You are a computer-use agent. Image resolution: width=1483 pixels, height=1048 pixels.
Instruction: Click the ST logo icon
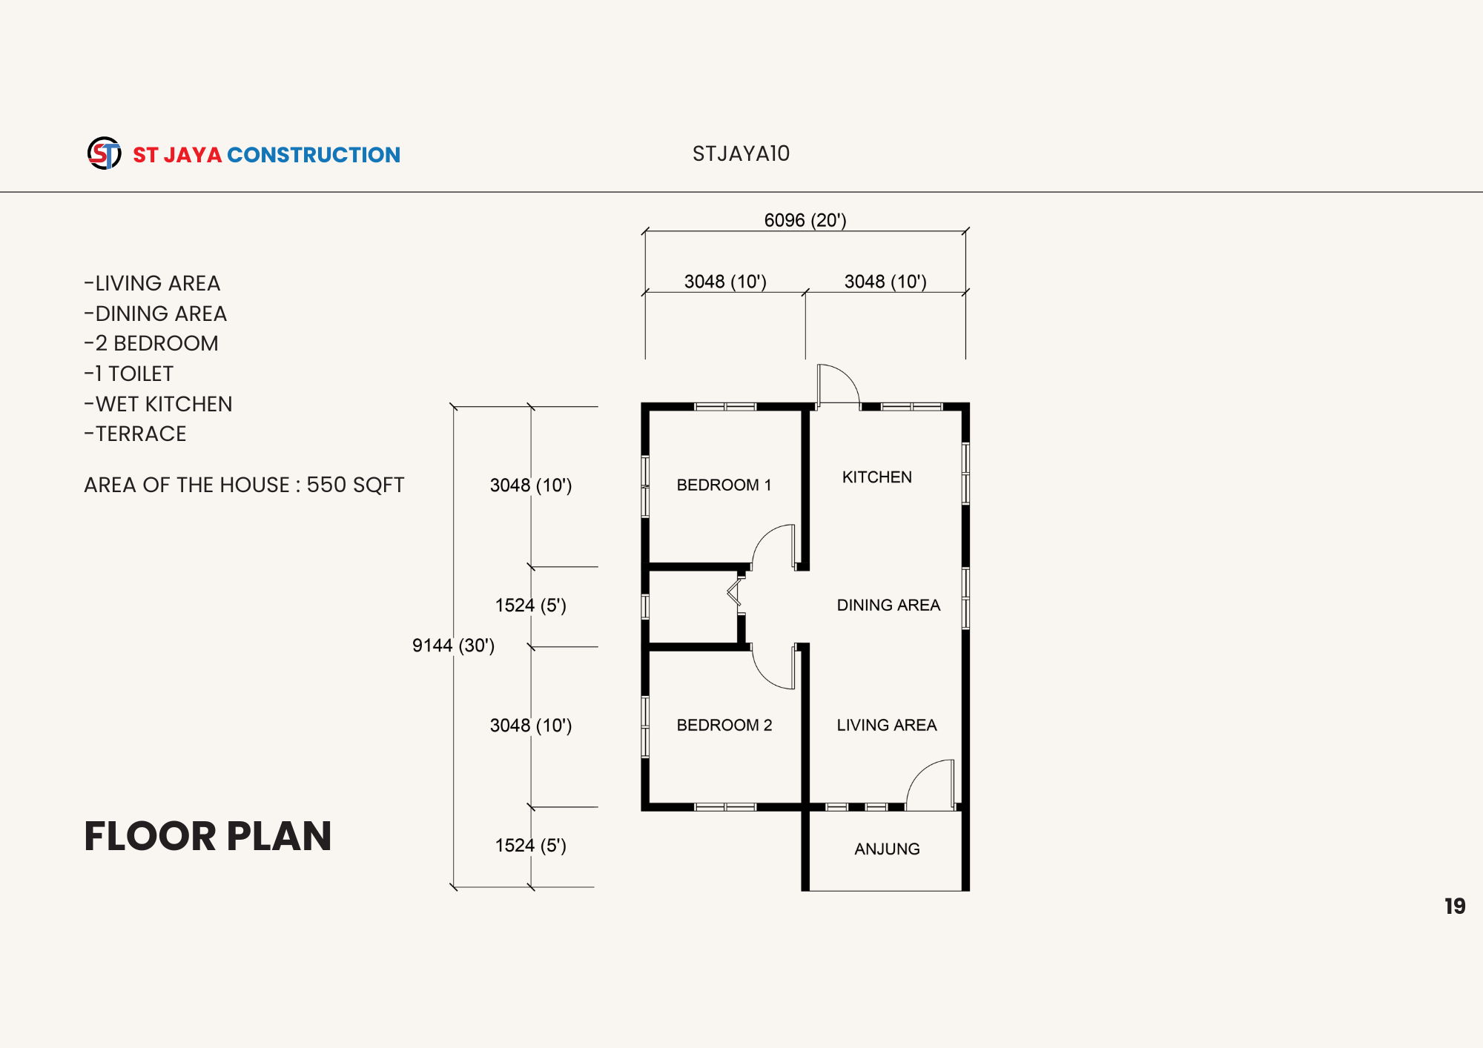[105, 153]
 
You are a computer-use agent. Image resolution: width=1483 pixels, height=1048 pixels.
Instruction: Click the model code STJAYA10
[741, 153]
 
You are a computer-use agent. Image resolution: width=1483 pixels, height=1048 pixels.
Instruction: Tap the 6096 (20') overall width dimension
[805, 220]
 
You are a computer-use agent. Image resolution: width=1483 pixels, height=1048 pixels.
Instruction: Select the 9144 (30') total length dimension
[453, 646]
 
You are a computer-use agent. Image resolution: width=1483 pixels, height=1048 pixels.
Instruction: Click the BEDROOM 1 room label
[724, 485]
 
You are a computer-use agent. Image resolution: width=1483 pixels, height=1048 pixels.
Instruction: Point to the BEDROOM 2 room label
[724, 725]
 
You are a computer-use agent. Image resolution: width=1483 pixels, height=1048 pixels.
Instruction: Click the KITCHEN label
[877, 477]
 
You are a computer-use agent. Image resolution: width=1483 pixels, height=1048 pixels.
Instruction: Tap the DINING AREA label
[888, 605]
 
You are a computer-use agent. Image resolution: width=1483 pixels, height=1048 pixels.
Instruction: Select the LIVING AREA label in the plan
[887, 725]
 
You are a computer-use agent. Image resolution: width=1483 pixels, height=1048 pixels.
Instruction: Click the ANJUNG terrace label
[887, 849]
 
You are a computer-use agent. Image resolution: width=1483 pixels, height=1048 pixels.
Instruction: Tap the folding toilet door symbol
[734, 592]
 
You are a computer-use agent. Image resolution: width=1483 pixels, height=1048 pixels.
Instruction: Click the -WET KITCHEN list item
[158, 404]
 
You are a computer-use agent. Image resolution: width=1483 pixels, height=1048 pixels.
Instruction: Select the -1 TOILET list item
[128, 374]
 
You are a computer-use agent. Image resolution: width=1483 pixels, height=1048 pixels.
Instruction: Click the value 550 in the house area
[326, 485]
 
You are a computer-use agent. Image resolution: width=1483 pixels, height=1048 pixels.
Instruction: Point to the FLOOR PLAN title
[208, 836]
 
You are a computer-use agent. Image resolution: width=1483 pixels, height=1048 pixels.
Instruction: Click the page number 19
[1455, 906]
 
